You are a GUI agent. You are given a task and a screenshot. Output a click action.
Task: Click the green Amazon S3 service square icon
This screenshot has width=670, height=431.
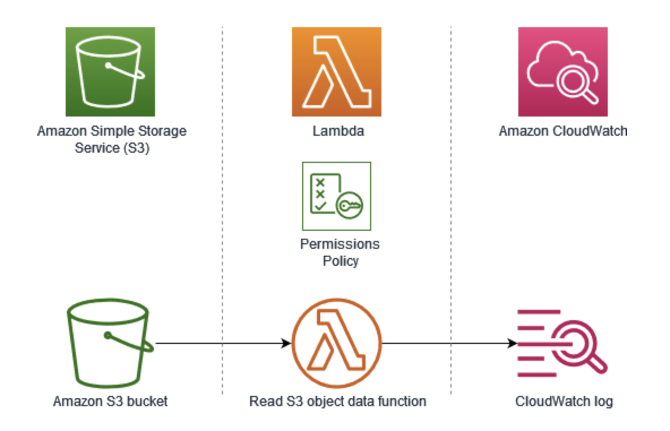[x=110, y=72]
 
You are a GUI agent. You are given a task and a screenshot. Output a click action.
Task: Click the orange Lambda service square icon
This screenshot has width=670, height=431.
[x=337, y=72]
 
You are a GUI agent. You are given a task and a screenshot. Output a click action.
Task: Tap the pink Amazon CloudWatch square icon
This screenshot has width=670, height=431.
[x=562, y=72]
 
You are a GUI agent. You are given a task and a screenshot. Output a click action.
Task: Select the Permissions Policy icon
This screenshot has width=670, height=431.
[x=337, y=196]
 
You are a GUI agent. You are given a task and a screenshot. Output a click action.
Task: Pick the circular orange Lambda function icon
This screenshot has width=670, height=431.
[x=337, y=343]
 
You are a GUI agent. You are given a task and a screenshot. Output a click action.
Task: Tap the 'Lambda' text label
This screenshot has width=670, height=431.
[x=338, y=132]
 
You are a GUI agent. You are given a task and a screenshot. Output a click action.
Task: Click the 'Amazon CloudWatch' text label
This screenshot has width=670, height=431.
[x=563, y=132]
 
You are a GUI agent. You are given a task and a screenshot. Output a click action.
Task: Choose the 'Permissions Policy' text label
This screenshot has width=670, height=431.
[x=340, y=253]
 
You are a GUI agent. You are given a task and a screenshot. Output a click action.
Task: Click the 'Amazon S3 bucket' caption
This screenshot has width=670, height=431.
[x=110, y=402]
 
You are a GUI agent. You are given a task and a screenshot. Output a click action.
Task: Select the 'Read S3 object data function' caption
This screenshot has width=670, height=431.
[x=338, y=402]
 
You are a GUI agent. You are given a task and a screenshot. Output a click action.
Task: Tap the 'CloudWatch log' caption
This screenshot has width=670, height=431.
[x=564, y=402]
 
